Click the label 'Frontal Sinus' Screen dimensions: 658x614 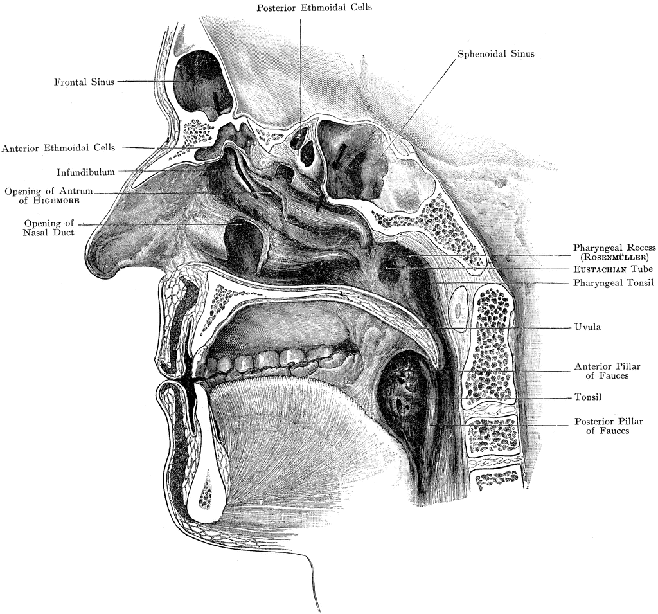click(84, 82)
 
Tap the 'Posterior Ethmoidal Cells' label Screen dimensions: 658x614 click(314, 7)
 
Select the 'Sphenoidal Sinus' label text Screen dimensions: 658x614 click(496, 54)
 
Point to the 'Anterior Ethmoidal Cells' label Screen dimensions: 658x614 click(58, 148)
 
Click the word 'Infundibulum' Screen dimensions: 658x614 click(85, 172)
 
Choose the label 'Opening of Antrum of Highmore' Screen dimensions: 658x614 click(49, 195)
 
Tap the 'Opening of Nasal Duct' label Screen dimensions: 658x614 click(49, 228)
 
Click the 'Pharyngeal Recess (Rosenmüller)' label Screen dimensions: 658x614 click(614, 252)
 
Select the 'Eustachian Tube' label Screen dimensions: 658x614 click(613, 269)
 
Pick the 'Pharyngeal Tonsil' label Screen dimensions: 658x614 click(614, 283)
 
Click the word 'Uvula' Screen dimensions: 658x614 click(587, 327)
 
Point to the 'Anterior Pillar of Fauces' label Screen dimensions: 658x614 click(607, 371)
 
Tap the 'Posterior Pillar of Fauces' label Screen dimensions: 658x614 click(609, 426)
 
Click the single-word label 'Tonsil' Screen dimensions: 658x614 click(588, 397)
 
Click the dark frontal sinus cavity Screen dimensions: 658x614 click(204, 84)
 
